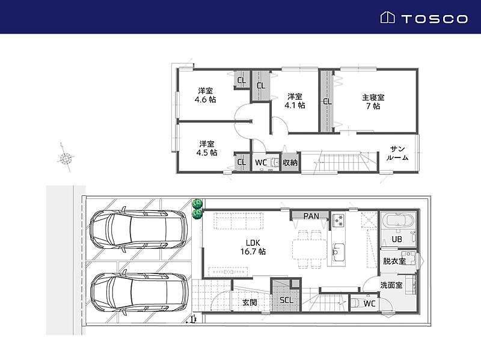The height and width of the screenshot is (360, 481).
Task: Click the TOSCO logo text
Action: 434,19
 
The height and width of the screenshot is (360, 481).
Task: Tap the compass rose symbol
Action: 66,158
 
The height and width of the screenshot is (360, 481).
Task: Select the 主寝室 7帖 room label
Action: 373,102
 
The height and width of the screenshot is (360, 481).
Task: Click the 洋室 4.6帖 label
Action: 205,95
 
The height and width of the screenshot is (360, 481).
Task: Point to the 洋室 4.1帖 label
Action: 295,101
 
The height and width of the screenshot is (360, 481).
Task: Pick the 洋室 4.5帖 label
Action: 207,148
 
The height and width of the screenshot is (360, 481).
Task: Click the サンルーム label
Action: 397,153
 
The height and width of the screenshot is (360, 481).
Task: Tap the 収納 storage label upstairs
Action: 290,162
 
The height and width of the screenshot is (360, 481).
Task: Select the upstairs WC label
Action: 261,162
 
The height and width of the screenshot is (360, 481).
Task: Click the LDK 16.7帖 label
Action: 253,247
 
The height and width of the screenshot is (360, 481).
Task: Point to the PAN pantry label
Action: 311,216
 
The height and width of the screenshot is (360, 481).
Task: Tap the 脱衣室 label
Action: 394,261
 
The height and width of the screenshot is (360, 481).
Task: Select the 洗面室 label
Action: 391,285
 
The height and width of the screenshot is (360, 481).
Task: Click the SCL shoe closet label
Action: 286,300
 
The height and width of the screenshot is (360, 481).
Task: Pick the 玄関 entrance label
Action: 250,302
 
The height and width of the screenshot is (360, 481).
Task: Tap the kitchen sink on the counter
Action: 339,252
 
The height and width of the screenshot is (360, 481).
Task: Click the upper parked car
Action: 138,230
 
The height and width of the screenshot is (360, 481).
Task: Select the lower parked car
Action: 139,293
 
